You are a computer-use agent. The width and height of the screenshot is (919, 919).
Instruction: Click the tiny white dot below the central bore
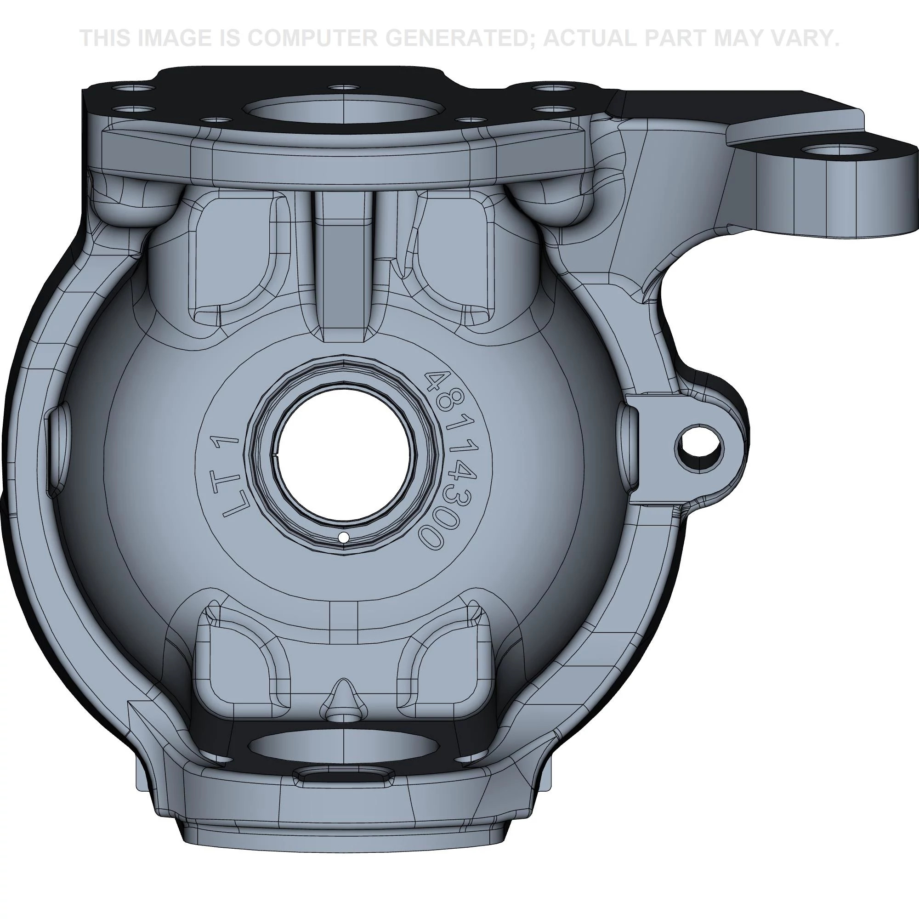point(343,538)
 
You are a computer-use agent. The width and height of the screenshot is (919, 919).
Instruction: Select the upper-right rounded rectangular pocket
point(454,257)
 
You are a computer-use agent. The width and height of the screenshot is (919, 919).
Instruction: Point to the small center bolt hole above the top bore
point(343,88)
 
